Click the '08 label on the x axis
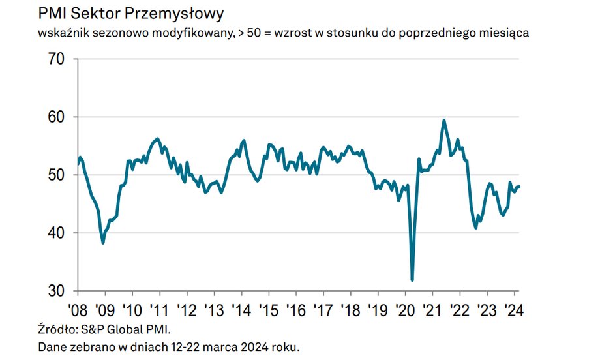click(x=78, y=309)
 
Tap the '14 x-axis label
click(x=241, y=309)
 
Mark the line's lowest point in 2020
click(x=412, y=280)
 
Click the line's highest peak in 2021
click(x=444, y=120)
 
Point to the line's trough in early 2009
click(x=103, y=243)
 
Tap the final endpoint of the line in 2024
click(x=519, y=187)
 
